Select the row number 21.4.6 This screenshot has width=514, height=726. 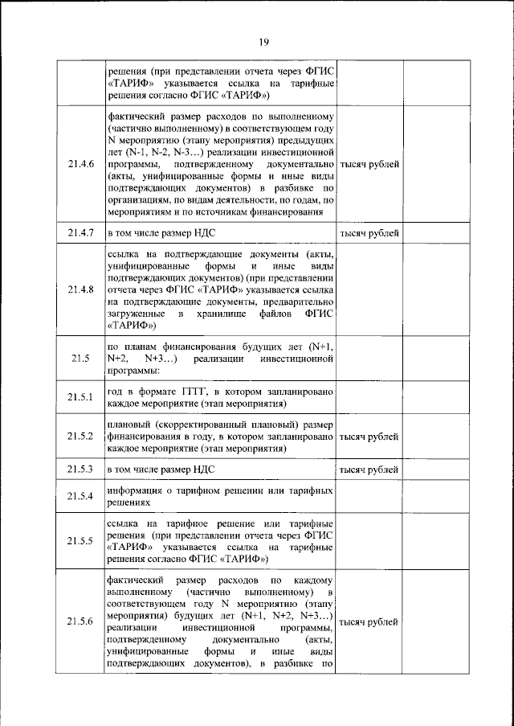click(x=81, y=164)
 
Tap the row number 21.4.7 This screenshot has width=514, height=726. click(x=81, y=233)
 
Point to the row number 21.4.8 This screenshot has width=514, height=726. click(x=81, y=289)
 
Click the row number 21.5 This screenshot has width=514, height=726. click(x=80, y=358)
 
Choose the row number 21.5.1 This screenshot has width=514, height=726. click(x=81, y=396)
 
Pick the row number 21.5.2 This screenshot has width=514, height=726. click(x=81, y=436)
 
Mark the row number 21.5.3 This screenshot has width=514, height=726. click(x=81, y=469)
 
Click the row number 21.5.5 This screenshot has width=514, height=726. click(x=81, y=540)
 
